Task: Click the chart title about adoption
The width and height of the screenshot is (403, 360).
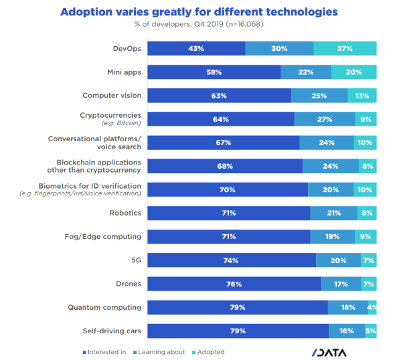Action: click(x=199, y=12)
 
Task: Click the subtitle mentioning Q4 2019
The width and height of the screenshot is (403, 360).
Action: click(x=199, y=25)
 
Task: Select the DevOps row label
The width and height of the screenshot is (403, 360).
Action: click(x=127, y=48)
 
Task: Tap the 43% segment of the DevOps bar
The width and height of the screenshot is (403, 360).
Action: click(x=196, y=48)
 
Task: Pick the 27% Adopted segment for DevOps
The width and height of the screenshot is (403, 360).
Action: click(x=345, y=48)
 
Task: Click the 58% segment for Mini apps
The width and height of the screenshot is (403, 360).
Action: click(x=214, y=72)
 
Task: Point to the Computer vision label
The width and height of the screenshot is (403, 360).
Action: click(x=112, y=96)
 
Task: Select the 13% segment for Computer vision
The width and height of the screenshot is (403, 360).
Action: click(x=362, y=96)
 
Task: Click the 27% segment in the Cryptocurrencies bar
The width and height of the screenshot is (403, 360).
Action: click(x=325, y=119)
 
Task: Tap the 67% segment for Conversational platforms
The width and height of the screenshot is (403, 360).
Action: click(x=223, y=143)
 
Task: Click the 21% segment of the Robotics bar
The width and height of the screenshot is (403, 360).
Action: click(x=333, y=213)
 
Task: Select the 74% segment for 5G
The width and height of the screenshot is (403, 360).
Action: click(x=232, y=260)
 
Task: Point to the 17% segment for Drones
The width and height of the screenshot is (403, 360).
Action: click(x=341, y=284)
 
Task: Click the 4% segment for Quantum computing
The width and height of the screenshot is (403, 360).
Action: click(x=372, y=308)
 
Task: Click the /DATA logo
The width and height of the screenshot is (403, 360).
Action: click(x=334, y=352)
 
